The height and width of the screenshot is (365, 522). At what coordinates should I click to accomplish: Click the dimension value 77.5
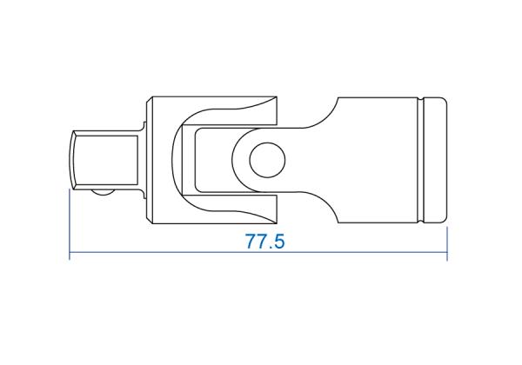(265, 241)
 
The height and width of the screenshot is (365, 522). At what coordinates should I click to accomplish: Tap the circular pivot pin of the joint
(267, 160)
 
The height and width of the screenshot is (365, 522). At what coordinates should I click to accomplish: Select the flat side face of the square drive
(106, 160)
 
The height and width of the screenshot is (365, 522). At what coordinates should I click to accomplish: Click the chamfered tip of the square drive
(72, 160)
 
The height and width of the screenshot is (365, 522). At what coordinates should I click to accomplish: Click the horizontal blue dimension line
(258, 252)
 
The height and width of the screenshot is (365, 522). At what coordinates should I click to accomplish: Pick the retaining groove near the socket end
(421, 160)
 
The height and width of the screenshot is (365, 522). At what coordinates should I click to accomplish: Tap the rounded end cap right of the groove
(436, 160)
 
